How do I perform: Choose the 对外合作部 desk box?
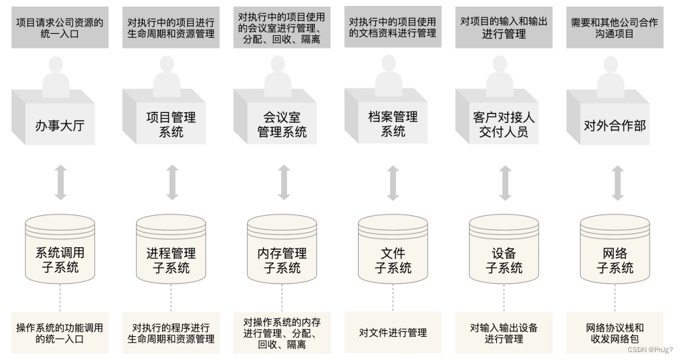pos(615,124)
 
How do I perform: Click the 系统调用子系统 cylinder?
pos(60,252)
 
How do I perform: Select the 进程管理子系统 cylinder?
pos(171,252)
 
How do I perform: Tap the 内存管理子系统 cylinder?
pos(282,252)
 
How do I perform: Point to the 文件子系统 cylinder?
pos(393,252)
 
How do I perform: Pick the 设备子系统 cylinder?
pos(504,252)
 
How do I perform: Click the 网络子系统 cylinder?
pos(615,252)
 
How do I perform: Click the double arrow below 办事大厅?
pos(60,183)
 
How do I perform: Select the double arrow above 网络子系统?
pos(617,183)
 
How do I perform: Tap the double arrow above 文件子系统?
pos(393,183)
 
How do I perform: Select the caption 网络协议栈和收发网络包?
pos(615,333)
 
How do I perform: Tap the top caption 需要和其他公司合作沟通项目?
pos(615,27)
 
